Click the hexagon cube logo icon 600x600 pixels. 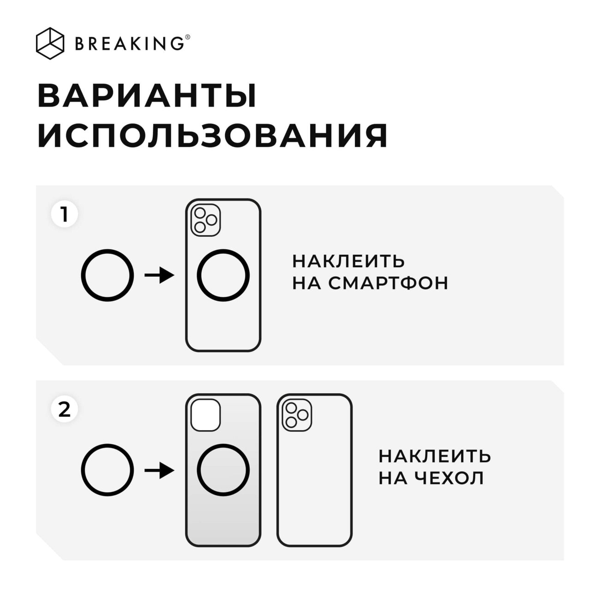50,43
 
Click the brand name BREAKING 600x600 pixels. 129,43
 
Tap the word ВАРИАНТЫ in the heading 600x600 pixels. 147,96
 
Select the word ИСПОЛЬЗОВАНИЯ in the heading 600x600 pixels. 213,135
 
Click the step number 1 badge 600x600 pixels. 65,214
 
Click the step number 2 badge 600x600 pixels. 65,409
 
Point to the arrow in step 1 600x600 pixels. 159,275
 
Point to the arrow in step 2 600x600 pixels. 159,470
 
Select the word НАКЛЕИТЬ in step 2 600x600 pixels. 434,456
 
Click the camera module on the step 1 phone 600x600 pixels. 205,220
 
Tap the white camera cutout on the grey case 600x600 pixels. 205,415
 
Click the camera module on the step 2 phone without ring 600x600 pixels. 297,415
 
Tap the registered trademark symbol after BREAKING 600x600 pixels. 187,37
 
